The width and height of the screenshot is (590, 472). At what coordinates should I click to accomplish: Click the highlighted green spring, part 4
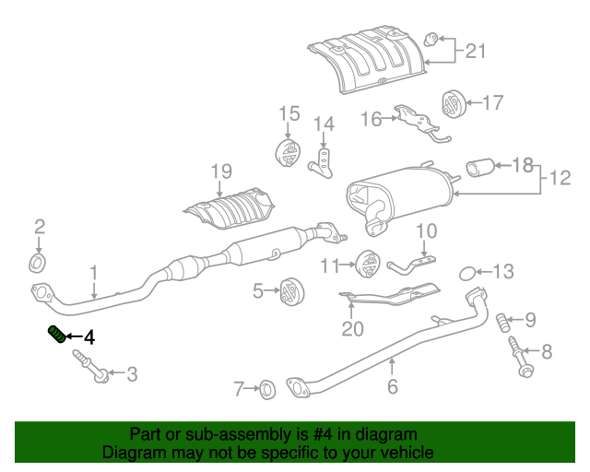click(x=54, y=334)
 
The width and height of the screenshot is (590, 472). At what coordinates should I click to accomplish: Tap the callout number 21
click(x=474, y=51)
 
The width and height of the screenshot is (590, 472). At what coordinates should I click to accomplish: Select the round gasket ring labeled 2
click(x=38, y=265)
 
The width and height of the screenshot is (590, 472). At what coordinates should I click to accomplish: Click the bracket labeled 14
click(x=323, y=159)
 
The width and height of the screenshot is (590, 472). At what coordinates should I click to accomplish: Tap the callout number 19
click(x=218, y=171)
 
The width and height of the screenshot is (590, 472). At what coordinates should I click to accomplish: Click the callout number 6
click(x=393, y=387)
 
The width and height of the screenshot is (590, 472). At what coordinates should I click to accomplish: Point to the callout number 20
click(x=353, y=327)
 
